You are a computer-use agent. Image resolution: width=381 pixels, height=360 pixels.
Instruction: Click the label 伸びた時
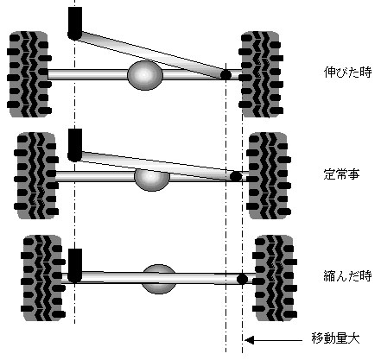pyautogui.click(x=347, y=72)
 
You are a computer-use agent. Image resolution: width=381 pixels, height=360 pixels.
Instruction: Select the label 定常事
pyautogui.click(x=341, y=174)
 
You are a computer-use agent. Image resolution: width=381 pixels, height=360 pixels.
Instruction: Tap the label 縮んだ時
pyautogui.click(x=347, y=275)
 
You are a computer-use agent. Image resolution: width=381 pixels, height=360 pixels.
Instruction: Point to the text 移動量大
pyautogui.click(x=335, y=338)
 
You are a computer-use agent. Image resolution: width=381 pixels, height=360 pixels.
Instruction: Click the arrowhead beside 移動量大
pyautogui.click(x=249, y=340)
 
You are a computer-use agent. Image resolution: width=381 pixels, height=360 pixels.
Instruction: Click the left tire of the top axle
pyautogui.click(x=29, y=74)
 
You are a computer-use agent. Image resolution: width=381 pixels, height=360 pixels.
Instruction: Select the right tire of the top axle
pyautogui.click(x=261, y=74)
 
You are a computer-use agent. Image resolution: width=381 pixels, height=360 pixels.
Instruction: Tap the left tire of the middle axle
pyautogui.click(x=36, y=175)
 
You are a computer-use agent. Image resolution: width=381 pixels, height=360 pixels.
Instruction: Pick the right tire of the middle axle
pyautogui.click(x=269, y=175)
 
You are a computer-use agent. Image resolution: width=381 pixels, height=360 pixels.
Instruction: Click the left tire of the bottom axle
pyautogui.click(x=43, y=278)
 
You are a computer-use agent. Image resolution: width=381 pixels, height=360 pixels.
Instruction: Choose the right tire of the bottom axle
pyautogui.click(x=275, y=278)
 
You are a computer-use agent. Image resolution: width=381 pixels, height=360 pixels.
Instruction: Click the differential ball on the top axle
pyautogui.click(x=145, y=75)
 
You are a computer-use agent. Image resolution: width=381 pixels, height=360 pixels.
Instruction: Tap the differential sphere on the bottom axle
pyautogui.click(x=159, y=279)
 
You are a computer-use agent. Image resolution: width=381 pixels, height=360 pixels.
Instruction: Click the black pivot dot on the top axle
pyautogui.click(x=225, y=75)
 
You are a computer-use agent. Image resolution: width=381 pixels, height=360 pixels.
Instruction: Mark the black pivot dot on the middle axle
pyautogui.click(x=236, y=176)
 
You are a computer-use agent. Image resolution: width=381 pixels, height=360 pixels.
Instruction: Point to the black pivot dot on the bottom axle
pyautogui.click(x=242, y=279)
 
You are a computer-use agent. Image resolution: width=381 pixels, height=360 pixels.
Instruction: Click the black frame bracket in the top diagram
pyautogui.click(x=75, y=23)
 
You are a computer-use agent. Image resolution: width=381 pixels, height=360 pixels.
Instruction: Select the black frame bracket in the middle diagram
pyautogui.click(x=75, y=145)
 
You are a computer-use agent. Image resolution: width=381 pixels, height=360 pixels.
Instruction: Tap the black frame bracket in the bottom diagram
pyautogui.click(x=75, y=266)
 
